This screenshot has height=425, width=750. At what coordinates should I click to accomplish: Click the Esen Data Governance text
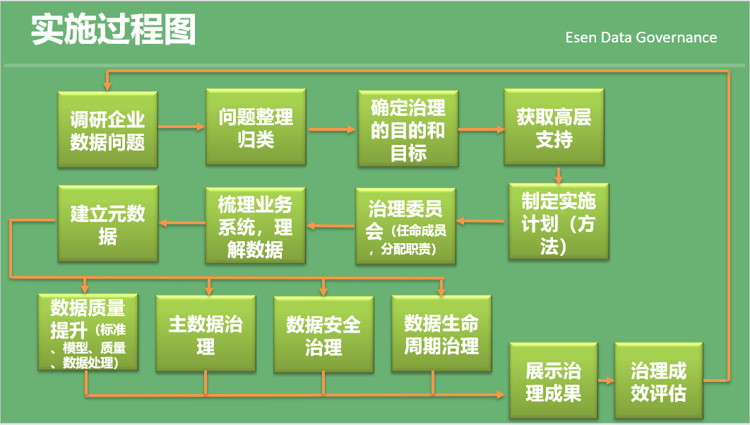641,37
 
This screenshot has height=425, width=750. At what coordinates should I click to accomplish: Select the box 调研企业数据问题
107,129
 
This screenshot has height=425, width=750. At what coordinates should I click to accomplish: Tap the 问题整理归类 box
256,128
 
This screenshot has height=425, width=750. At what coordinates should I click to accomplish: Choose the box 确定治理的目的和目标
408,129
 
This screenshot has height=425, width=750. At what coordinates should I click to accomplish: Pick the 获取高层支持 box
554,128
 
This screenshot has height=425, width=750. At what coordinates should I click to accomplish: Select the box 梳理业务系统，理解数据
256,224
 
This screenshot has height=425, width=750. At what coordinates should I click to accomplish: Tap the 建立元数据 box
107,223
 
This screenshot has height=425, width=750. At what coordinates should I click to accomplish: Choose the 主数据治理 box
206,334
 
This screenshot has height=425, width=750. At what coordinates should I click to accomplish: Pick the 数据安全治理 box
323,334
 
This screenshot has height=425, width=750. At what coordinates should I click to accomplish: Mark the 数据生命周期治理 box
441,334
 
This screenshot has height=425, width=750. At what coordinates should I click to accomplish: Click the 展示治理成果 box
553,381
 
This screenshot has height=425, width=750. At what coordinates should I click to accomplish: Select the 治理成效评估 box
658,381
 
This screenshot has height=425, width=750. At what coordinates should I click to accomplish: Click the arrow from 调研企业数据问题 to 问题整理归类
181,127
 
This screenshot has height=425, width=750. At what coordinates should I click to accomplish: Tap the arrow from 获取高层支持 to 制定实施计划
558,175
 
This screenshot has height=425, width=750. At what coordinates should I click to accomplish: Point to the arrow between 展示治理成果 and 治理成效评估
606,380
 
